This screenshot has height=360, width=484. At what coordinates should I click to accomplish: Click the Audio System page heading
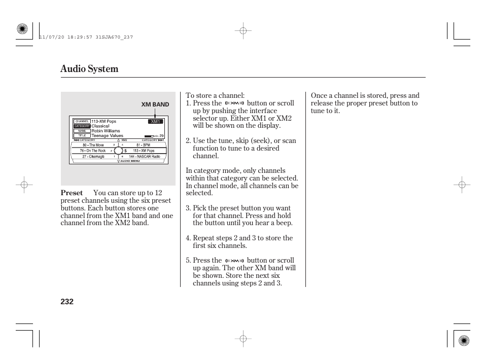tap(89, 69)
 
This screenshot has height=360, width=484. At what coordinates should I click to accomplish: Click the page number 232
tap(67, 302)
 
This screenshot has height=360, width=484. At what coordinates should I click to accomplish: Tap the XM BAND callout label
tap(155, 104)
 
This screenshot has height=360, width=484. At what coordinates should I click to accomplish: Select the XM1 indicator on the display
tap(155, 122)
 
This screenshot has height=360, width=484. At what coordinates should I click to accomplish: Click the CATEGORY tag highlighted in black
tap(82, 126)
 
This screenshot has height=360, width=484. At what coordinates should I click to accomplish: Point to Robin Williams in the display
tap(106, 131)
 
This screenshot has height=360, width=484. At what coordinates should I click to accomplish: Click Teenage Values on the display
tap(107, 136)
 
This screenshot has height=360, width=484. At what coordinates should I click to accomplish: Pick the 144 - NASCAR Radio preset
tap(144, 157)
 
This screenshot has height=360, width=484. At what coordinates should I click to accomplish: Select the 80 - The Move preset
tap(93, 145)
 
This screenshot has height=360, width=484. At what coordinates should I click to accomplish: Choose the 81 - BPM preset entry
tap(143, 145)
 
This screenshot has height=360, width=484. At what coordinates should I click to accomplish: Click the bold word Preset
tap(72, 193)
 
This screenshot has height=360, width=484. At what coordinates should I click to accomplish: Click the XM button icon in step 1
tap(234, 103)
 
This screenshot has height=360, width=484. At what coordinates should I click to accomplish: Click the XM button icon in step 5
tap(234, 261)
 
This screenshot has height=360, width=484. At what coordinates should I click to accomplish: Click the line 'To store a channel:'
tap(215, 95)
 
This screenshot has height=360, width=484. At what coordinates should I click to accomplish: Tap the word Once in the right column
tap(319, 95)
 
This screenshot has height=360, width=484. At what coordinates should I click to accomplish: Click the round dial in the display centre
tap(119, 151)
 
